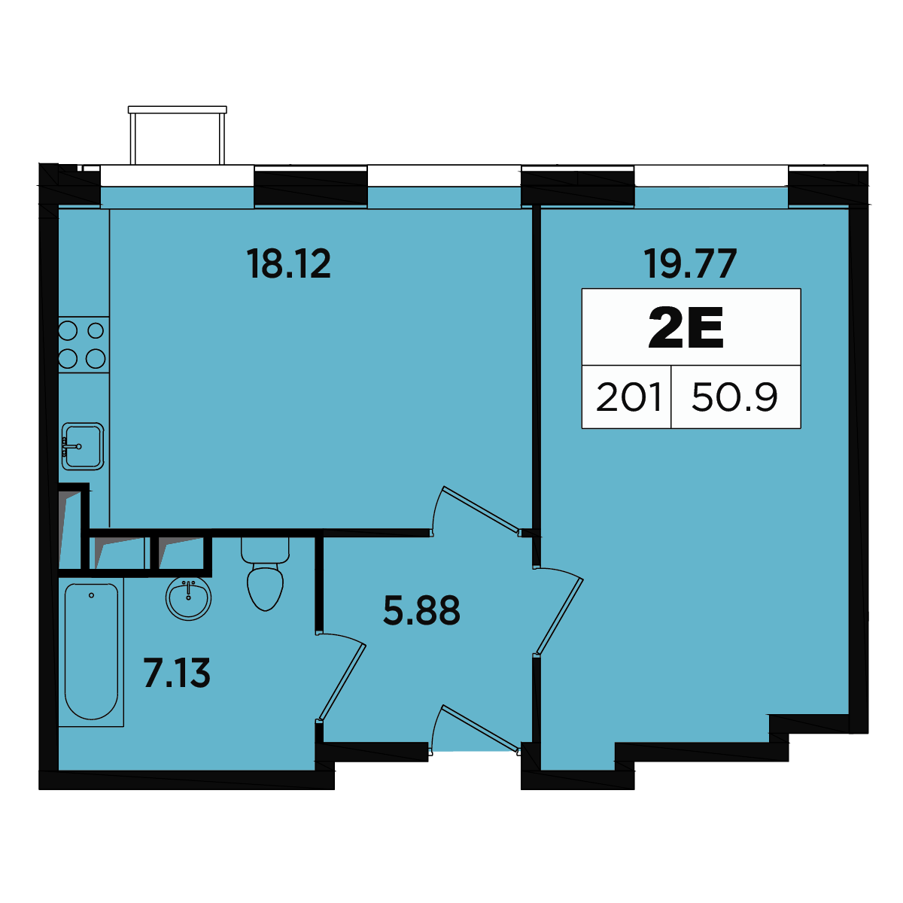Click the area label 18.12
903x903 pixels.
[289, 264]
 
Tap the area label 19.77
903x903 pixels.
[690, 264]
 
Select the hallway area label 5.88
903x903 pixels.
[421, 610]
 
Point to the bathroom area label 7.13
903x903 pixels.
[177, 673]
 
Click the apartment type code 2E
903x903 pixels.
[686, 327]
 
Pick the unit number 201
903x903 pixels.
[628, 397]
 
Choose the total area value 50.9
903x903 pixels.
[734, 397]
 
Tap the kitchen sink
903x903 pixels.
[83, 446]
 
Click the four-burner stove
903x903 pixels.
[84, 345]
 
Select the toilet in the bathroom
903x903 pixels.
[265, 573]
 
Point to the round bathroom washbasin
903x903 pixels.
[188, 598]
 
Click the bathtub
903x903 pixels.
[91, 651]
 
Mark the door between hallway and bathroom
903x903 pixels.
[342, 681]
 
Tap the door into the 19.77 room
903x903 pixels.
[558, 610]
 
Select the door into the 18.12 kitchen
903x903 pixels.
[476, 512]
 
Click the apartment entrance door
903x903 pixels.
[476, 730]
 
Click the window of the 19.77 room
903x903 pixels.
[711, 176]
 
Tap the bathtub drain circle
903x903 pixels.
[91, 595]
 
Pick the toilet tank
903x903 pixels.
[265, 550]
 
